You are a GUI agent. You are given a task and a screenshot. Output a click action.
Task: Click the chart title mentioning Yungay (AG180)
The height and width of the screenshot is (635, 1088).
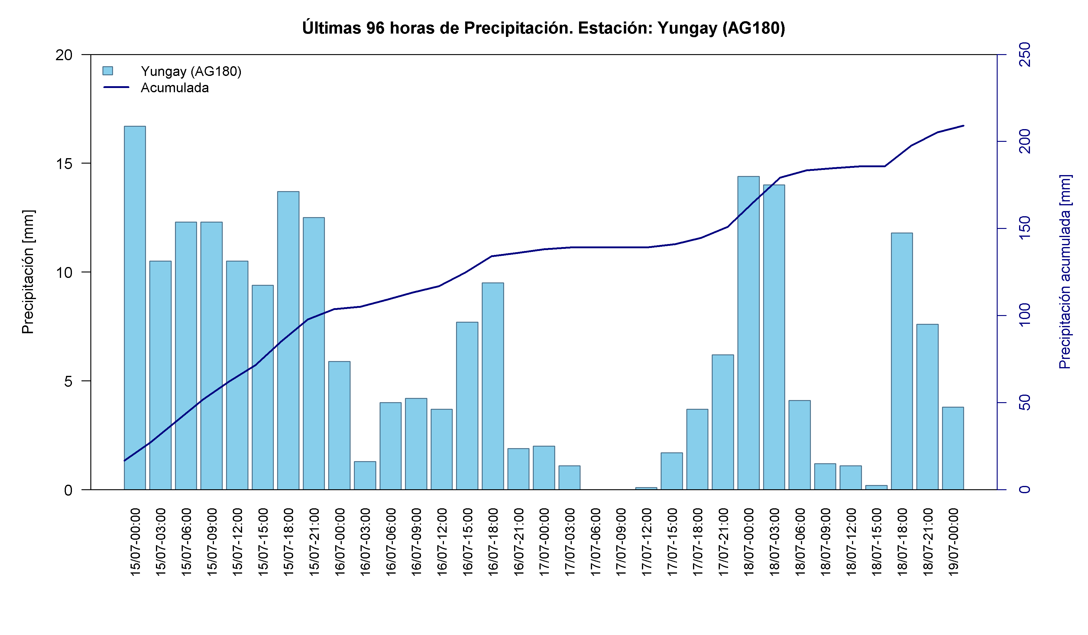point(544,28)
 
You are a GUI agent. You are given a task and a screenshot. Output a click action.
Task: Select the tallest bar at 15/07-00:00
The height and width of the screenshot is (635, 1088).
point(135,308)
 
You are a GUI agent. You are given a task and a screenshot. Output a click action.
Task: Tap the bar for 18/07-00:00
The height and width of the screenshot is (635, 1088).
point(748,333)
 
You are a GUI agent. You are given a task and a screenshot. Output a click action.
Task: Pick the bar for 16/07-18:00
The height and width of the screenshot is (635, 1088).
point(493,386)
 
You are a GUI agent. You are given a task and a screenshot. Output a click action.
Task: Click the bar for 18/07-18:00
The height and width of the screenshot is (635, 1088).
point(902,361)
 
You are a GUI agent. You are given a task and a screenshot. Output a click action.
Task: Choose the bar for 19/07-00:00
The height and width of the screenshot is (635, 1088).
point(953,448)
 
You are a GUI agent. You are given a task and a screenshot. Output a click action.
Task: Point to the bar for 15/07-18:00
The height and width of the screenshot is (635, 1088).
point(288,340)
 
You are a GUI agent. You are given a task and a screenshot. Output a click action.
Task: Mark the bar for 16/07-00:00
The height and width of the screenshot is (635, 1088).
point(339,425)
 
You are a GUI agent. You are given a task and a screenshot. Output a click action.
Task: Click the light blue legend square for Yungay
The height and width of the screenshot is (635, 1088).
point(108,71)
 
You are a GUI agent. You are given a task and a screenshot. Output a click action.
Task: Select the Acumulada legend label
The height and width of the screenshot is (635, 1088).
point(175,88)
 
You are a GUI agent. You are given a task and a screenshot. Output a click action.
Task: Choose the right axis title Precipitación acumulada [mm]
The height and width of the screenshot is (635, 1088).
point(1065,272)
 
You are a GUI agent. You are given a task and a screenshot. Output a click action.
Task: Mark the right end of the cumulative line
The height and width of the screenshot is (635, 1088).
point(964,126)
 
